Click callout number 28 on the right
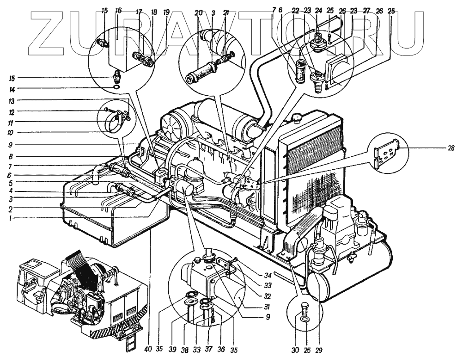(451, 148)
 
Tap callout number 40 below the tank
(148, 350)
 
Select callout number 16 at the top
(119, 10)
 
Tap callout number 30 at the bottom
(295, 350)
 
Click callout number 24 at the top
(318, 10)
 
